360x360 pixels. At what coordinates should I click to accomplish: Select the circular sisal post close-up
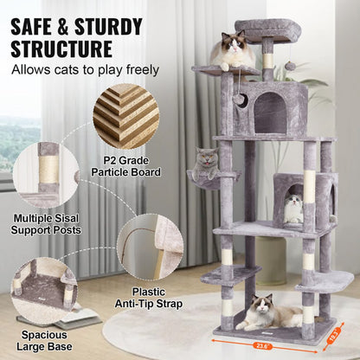tap(46, 175)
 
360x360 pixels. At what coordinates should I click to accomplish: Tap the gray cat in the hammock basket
tap(205, 161)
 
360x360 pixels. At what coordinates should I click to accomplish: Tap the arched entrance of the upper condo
tap(269, 112)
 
